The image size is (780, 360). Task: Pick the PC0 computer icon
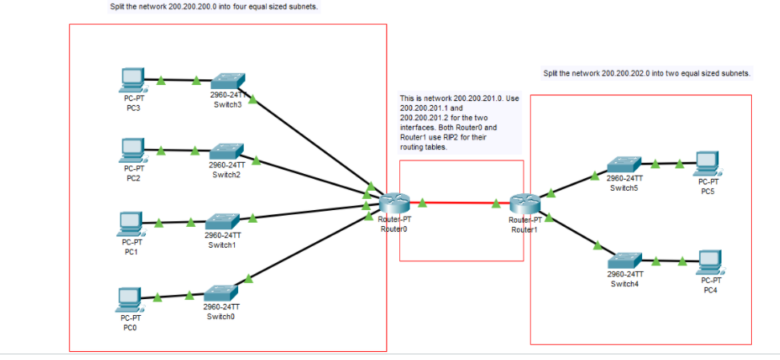coord(128,299)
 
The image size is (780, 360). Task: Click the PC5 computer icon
coord(707,164)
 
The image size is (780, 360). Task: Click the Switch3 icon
coord(227,81)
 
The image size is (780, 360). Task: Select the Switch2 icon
coord(226,151)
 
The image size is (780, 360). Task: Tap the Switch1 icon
coord(221,220)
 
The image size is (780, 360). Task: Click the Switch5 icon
coord(623,165)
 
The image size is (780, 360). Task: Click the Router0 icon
coord(394,204)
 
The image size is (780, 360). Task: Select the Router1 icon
coord(526,204)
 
